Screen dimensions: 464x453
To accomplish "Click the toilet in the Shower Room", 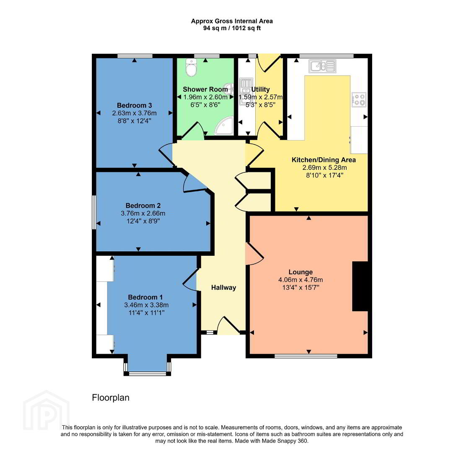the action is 191,68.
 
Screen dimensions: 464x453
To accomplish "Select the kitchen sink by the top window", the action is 322,66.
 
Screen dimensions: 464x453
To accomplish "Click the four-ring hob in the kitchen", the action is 359,99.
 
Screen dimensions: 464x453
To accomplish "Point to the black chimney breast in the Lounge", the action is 360,286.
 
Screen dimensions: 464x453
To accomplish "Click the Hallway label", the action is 223,287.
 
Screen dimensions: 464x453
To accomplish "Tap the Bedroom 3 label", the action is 135,105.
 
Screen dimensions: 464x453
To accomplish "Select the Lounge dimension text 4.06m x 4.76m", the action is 301,280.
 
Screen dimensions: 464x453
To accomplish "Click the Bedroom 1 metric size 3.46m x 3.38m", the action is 146,305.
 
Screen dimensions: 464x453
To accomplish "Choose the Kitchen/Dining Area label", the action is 324,160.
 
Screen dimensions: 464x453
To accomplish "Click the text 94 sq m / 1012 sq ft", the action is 232,29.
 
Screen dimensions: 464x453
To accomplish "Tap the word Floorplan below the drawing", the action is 111,398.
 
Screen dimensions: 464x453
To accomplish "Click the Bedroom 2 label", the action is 143,206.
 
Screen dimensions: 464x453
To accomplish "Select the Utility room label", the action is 260,89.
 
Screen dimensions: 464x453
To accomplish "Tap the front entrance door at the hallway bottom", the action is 228,325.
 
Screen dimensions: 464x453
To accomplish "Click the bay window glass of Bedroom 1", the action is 148,374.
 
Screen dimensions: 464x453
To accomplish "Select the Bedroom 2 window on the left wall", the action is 94,212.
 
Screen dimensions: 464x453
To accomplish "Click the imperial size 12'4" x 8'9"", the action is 143,221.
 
